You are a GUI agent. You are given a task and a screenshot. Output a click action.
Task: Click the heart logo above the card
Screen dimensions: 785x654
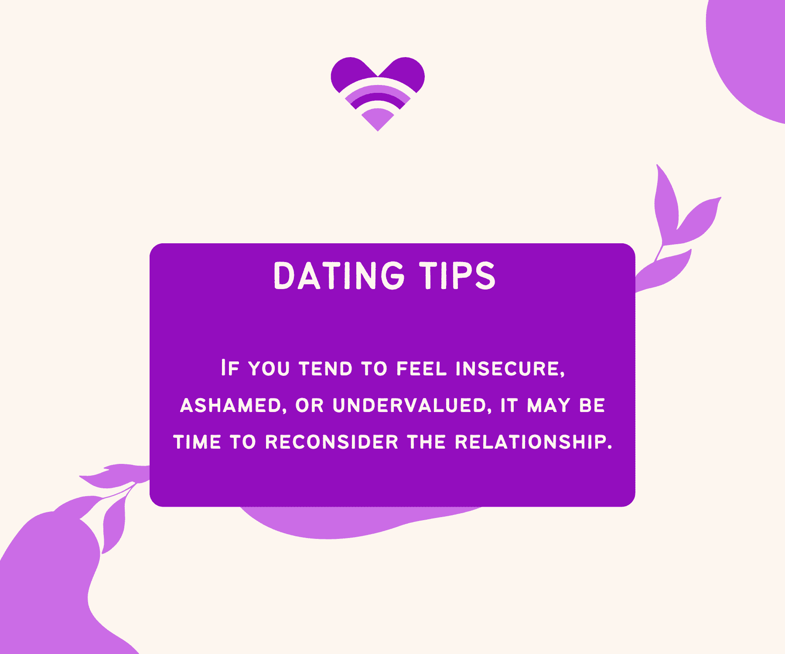[378, 94]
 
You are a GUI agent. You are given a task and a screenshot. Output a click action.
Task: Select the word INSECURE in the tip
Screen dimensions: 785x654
[510, 369]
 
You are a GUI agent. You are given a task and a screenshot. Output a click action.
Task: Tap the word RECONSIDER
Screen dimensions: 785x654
[332, 442]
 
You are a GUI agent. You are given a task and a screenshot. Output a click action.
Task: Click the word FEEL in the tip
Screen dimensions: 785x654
[422, 369]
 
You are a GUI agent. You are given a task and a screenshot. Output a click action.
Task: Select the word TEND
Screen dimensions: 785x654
[326, 369]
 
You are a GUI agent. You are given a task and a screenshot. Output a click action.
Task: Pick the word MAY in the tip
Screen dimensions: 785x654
[549, 406]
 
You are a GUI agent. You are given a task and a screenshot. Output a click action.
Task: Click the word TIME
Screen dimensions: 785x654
[197, 442]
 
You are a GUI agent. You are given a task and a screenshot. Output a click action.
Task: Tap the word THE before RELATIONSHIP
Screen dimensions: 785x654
[427, 442]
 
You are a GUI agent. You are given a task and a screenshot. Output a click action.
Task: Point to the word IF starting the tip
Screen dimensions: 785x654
[230, 368]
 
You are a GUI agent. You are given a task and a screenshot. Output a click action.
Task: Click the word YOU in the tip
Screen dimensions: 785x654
[269, 369]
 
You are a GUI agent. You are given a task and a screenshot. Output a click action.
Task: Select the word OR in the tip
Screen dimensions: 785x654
[310, 406]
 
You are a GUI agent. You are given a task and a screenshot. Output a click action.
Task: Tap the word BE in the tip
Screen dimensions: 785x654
[592, 406]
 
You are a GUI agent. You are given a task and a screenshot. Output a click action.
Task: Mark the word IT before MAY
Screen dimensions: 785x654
[509, 406]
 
